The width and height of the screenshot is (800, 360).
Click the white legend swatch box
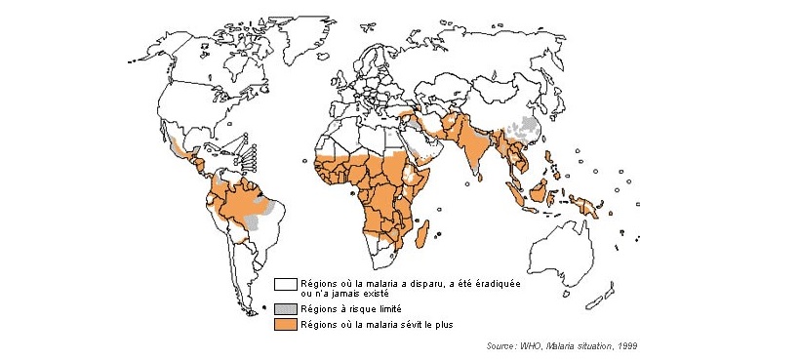pyautogui.click(x=285, y=285)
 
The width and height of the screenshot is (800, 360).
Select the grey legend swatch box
pyautogui.click(x=285, y=307)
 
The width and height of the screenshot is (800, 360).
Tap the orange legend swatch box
pyautogui.click(x=285, y=323)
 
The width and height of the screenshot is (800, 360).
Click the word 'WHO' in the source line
pyautogui.click(x=531, y=345)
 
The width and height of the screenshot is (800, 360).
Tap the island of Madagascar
pyautogui.click(x=422, y=234)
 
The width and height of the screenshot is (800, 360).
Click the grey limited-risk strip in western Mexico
pyautogui.click(x=176, y=147)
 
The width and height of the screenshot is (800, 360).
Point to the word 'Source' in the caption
pyautogui.click(x=500, y=345)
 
